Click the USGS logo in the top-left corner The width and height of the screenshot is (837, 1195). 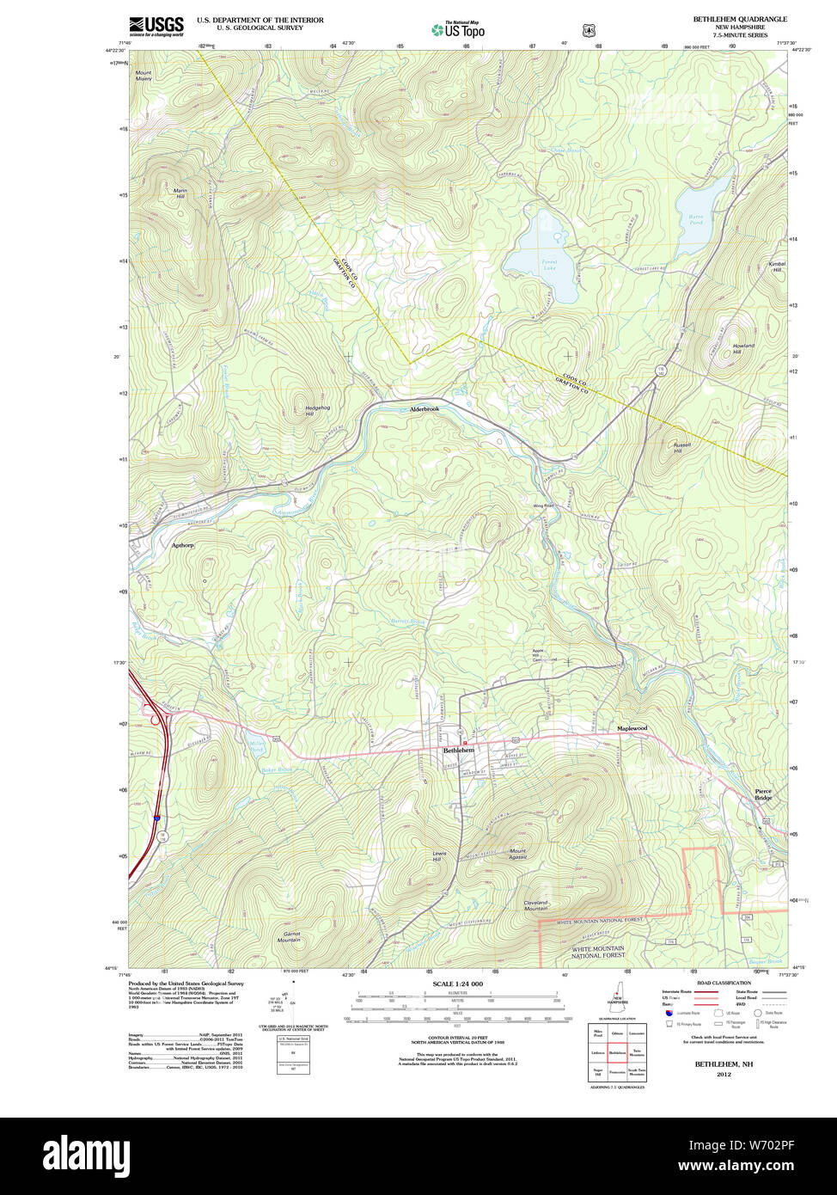pyautogui.click(x=156, y=26)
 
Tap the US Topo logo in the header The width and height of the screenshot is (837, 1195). pyautogui.click(x=458, y=30)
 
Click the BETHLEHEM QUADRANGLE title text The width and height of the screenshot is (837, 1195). pyautogui.click(x=739, y=19)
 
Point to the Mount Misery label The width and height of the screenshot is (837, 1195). pyautogui.click(x=143, y=76)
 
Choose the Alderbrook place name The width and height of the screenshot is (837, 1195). pyautogui.click(x=424, y=409)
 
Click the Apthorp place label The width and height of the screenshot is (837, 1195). pyautogui.click(x=182, y=545)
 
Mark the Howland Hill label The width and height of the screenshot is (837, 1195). pyautogui.click(x=742, y=348)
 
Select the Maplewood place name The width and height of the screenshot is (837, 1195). pyautogui.click(x=632, y=728)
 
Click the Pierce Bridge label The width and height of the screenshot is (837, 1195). pyautogui.click(x=763, y=794)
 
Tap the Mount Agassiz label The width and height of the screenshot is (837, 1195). pyautogui.click(x=517, y=854)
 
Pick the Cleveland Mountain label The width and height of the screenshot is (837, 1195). pyautogui.click(x=535, y=905)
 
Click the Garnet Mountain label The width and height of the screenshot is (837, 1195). pyautogui.click(x=289, y=936)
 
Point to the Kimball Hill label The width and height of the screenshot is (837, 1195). pyautogui.click(x=777, y=267)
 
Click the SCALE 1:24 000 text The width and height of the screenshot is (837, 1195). pyautogui.click(x=457, y=984)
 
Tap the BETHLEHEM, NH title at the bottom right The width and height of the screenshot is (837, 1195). pyautogui.click(x=712, y=1063)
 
